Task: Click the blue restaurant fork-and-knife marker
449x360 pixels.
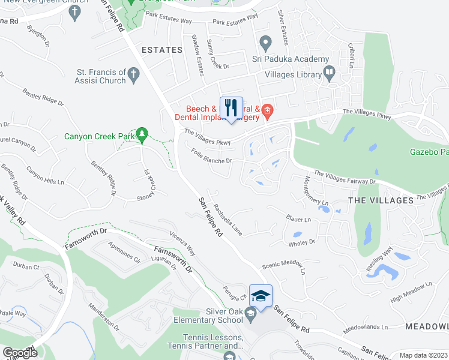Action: [231, 108]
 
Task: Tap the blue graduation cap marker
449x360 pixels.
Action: [260, 295]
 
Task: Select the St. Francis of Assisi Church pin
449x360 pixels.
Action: [133, 75]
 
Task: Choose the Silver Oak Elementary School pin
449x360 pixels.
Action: [252, 313]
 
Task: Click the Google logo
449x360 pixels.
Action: [20, 353]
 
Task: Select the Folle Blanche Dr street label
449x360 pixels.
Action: [212, 157]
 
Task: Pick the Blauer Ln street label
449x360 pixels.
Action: [299, 220]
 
